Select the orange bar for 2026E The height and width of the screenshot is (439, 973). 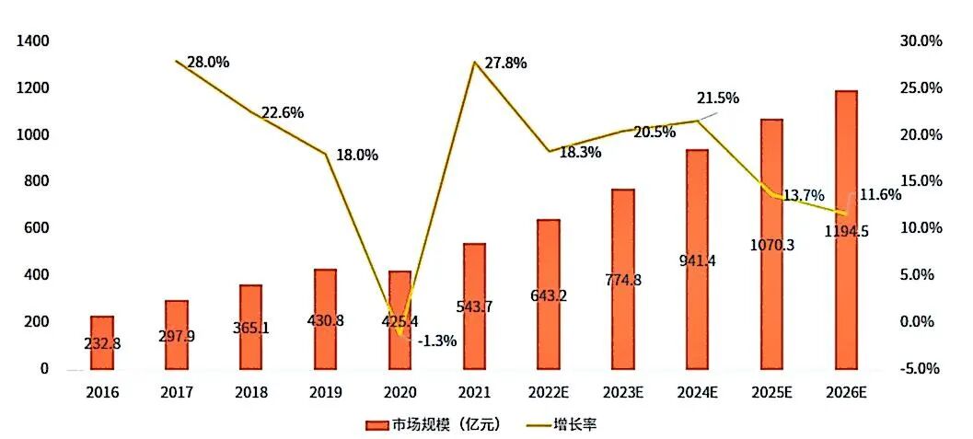pos(846,229)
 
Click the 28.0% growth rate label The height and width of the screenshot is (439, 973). pos(208,63)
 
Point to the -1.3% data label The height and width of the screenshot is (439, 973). pos(437,341)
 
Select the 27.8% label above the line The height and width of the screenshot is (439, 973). pos(505,64)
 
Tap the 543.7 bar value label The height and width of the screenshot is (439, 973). pos(474,306)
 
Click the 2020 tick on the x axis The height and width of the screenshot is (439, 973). pos(400,392)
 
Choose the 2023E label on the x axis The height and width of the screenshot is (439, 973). pos(623,392)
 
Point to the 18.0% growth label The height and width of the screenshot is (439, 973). pos(357,156)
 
